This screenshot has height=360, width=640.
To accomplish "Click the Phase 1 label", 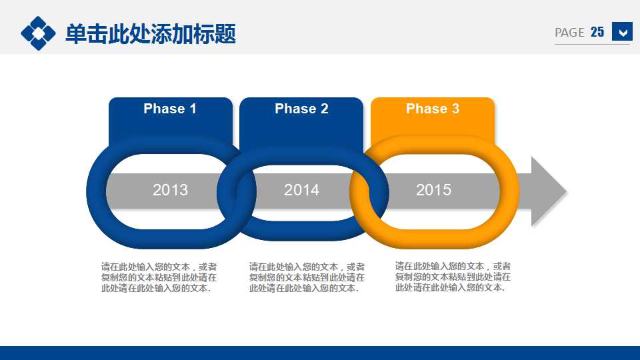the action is click(x=170, y=109).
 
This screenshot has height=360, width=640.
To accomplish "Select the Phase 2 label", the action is click(x=301, y=109).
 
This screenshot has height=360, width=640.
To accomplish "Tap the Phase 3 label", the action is click(x=432, y=109).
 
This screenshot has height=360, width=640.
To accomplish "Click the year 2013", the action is click(x=170, y=190).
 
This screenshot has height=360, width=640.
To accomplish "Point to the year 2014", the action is click(x=301, y=190).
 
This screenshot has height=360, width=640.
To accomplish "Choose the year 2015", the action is click(x=433, y=190).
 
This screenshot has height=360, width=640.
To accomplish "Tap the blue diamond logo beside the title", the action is click(x=39, y=33).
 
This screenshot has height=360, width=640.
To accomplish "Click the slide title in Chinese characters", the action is click(x=151, y=34).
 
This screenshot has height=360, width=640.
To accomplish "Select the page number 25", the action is click(x=597, y=32).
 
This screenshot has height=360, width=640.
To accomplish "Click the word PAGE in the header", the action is click(x=569, y=32).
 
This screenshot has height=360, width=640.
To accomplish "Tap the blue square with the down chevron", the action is click(x=622, y=31).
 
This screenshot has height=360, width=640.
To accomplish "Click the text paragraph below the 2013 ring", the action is click(x=159, y=277).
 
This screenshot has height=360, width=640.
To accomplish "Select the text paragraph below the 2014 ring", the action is click(x=307, y=277).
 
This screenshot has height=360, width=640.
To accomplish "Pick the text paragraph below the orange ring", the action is click(x=453, y=277).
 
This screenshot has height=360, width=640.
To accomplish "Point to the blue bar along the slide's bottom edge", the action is click(x=320, y=353).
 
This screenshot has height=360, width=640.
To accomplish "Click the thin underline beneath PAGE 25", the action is click(x=592, y=44).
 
